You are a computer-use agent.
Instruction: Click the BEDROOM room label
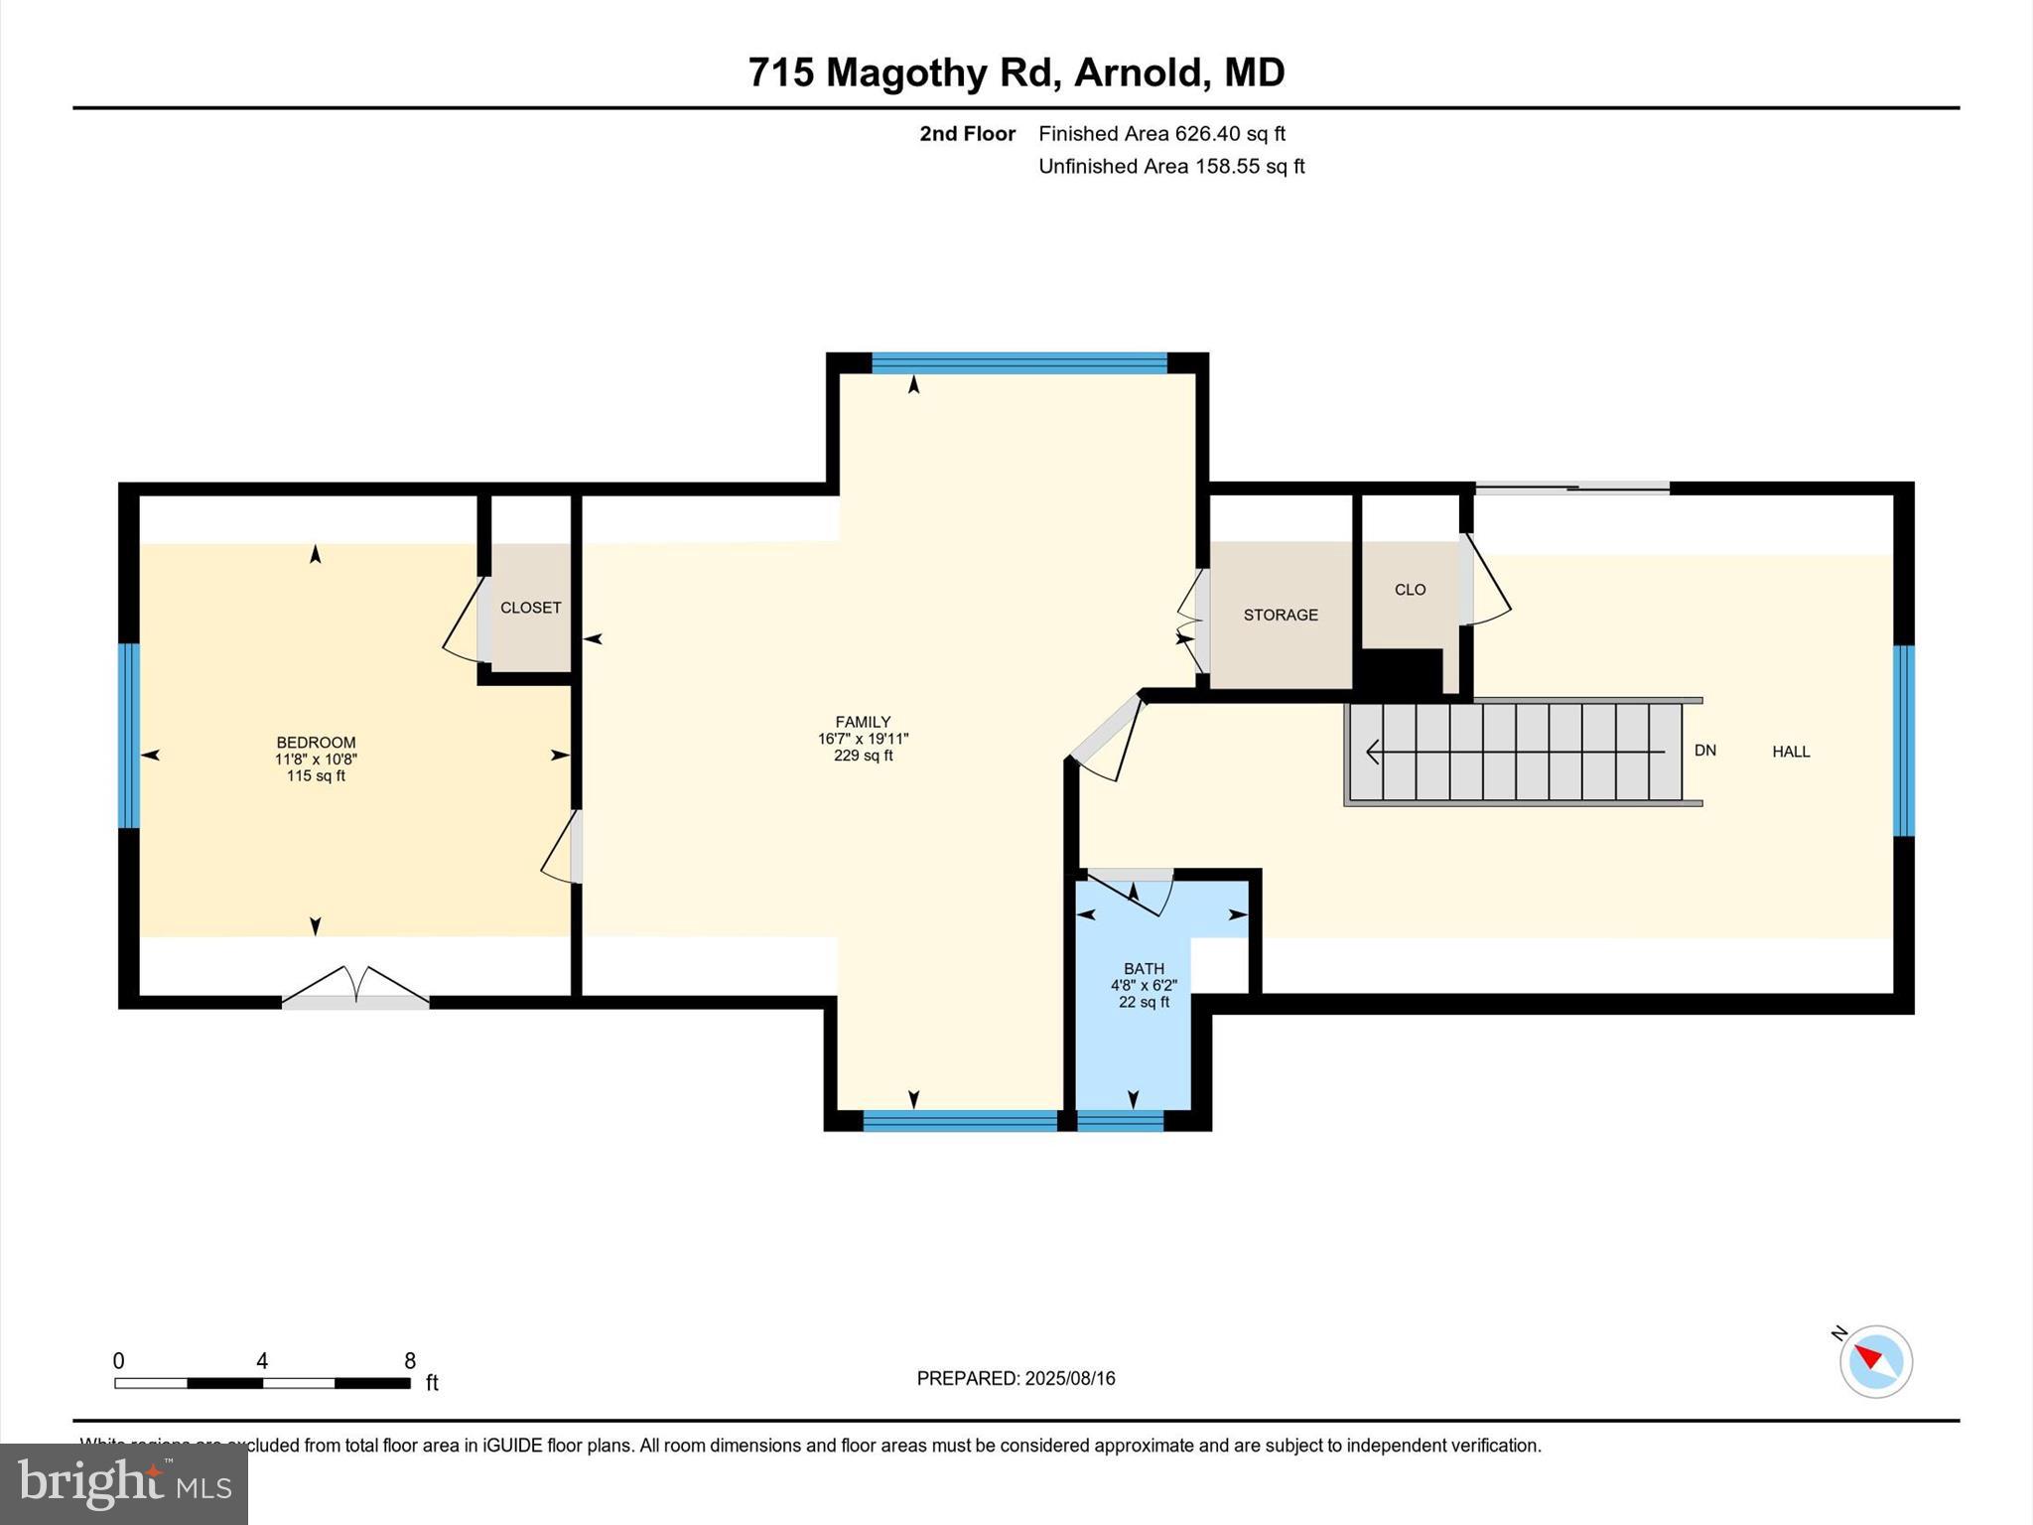316,743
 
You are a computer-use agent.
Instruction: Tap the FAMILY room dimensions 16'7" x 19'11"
863,739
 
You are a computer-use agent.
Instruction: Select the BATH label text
1144,968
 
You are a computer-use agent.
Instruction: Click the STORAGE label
1281,615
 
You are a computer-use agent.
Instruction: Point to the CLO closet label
1410,590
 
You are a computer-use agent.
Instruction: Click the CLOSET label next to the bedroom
530,608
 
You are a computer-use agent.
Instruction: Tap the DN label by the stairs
1704,751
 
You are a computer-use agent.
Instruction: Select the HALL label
1791,752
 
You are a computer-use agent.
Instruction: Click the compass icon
1875,1361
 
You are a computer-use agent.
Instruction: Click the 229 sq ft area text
863,756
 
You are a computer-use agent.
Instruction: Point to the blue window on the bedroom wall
128,736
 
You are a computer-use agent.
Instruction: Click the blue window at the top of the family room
1018,362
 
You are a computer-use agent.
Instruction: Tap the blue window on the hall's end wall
1903,741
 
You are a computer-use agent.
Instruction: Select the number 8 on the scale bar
409,1361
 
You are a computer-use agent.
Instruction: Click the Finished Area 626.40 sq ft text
1161,133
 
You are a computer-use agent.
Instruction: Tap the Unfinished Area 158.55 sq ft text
1171,166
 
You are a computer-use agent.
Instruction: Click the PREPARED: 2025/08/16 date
1016,1378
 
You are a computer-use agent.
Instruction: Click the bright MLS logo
124,1483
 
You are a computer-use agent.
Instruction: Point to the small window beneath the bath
1120,1121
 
